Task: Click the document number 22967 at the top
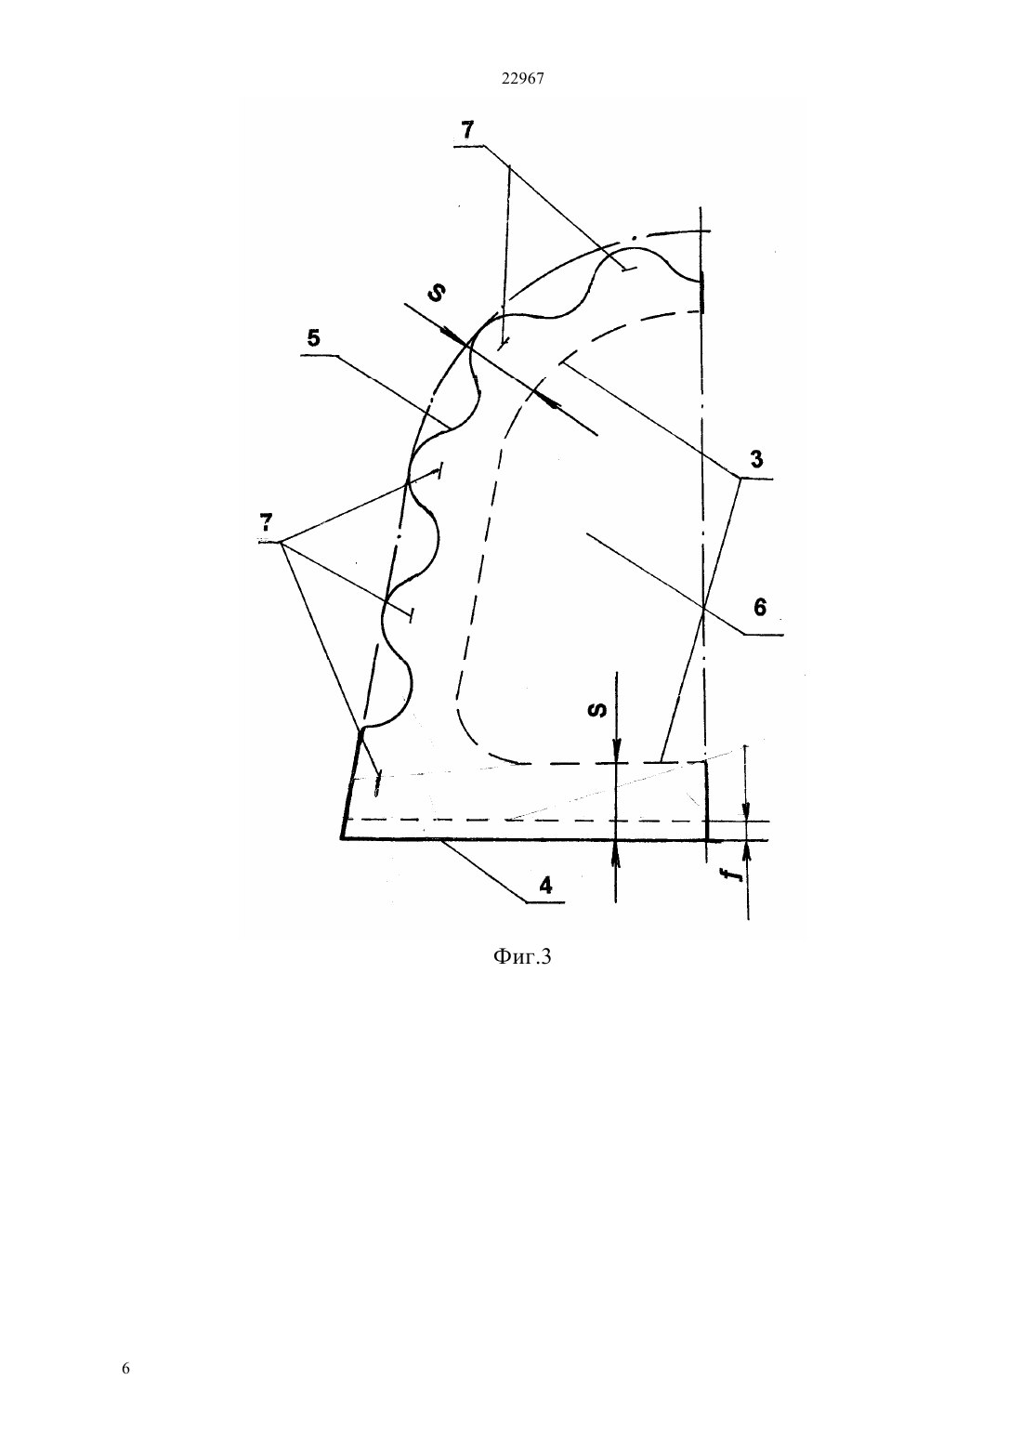pyautogui.click(x=522, y=78)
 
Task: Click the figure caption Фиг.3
pyautogui.click(x=522, y=956)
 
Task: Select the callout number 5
pyautogui.click(x=314, y=338)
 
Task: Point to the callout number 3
pyautogui.click(x=756, y=459)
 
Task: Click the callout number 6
pyautogui.click(x=759, y=607)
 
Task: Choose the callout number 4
pyautogui.click(x=545, y=885)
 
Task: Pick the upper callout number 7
pyautogui.click(x=466, y=130)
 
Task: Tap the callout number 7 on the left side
pyautogui.click(x=265, y=521)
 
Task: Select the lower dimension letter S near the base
pyautogui.click(x=598, y=710)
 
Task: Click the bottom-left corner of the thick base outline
pyautogui.click(x=341, y=839)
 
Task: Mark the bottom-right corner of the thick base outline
pyautogui.click(x=707, y=840)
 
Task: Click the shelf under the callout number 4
pyautogui.click(x=545, y=901)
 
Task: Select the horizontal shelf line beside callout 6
pyautogui.click(x=763, y=636)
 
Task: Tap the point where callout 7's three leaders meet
pyautogui.click(x=281, y=541)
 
